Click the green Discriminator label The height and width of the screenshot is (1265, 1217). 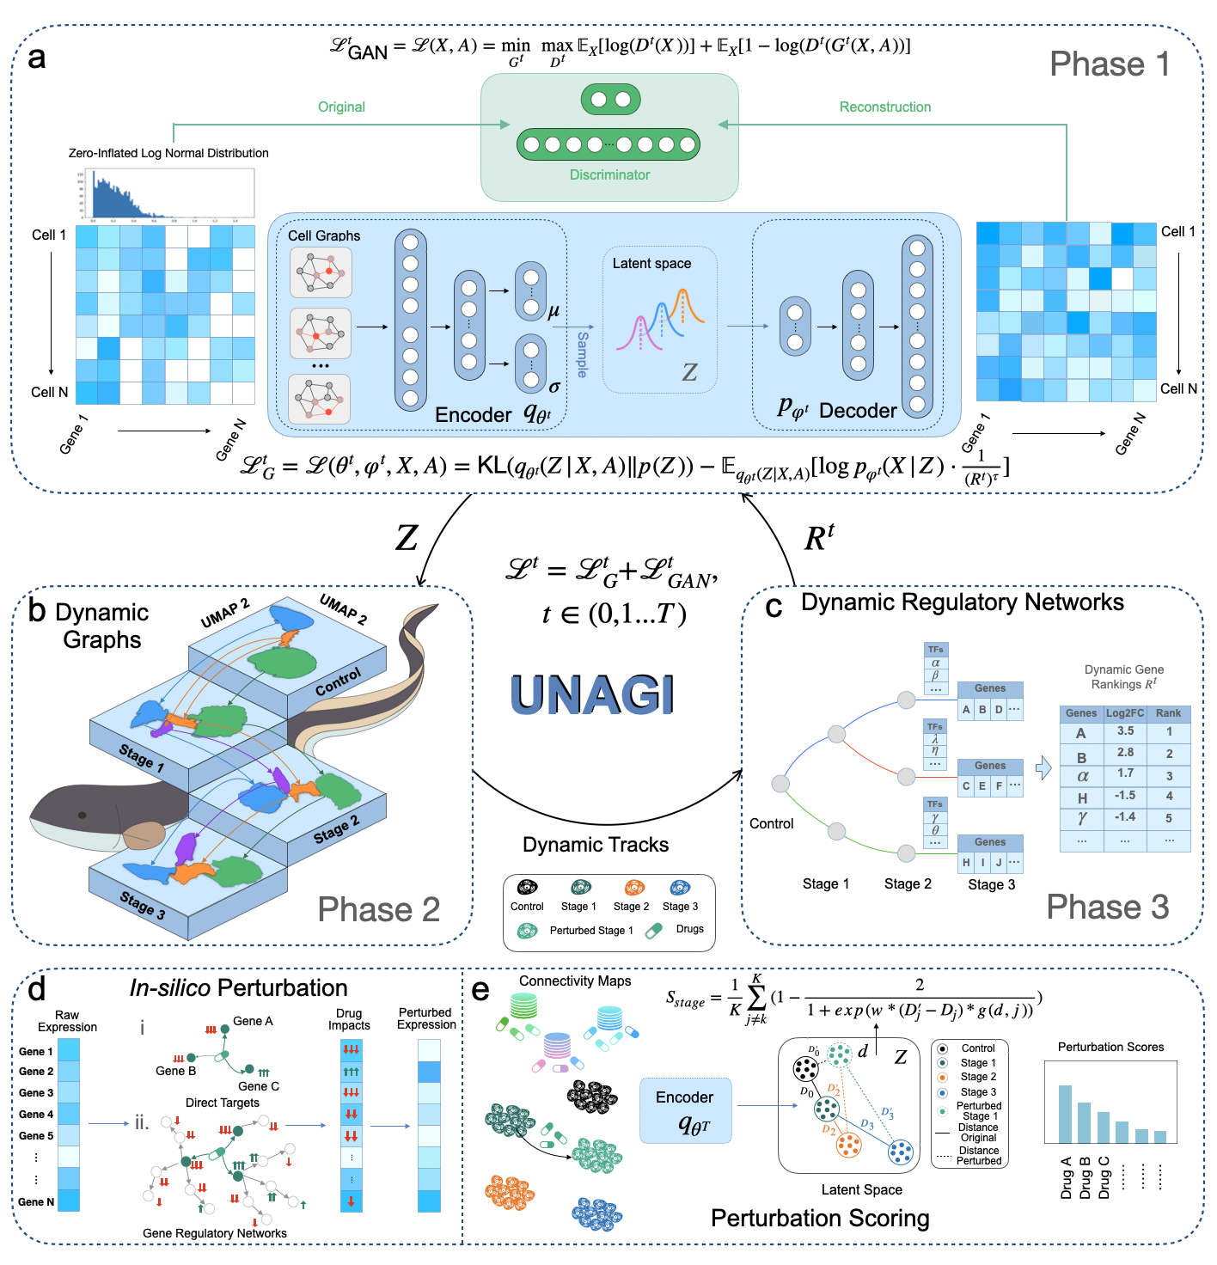click(609, 174)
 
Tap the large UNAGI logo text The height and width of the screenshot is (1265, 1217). click(591, 694)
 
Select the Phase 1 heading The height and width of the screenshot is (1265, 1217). click(1110, 64)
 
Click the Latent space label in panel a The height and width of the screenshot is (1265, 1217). click(651, 264)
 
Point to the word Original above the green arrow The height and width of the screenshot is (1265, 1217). click(341, 107)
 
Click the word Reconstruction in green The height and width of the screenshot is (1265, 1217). click(884, 107)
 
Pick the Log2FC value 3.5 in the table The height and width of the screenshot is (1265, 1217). click(1125, 731)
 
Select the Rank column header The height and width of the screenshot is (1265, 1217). click(1168, 713)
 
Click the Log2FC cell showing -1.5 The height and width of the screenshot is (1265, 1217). click(1125, 796)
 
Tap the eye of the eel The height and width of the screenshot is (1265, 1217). click(83, 815)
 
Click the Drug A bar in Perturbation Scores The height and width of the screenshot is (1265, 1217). click(1065, 1114)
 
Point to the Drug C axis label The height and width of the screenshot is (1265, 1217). click(1104, 1178)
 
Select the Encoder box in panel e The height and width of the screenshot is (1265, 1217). click(685, 1110)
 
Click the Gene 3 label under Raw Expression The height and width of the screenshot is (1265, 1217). click(36, 1093)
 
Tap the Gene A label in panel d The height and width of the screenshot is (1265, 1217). click(253, 1021)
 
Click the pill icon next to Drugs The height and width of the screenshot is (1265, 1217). click(654, 930)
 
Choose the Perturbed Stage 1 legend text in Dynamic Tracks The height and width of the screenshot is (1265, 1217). click(591, 931)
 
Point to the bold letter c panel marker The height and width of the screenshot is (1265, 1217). click(774, 606)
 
